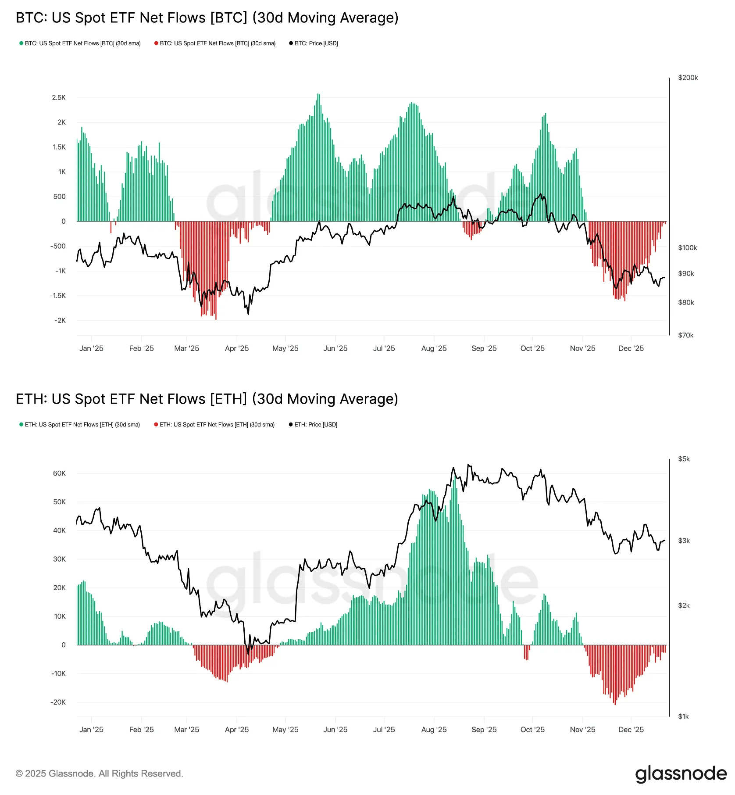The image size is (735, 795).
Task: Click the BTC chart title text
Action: pyautogui.click(x=207, y=18)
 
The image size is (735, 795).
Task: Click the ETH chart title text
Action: pyautogui.click(x=207, y=399)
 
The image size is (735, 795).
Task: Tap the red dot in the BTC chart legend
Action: pyautogui.click(x=156, y=43)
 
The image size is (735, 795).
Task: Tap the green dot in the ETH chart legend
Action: pyautogui.click(x=21, y=425)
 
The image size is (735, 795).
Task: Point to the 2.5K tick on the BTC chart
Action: pyautogui.click(x=59, y=97)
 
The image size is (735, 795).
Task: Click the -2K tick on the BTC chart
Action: pyautogui.click(x=60, y=320)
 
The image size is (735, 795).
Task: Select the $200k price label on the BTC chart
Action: pyautogui.click(x=688, y=78)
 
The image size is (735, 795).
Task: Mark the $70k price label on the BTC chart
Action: pyautogui.click(x=686, y=335)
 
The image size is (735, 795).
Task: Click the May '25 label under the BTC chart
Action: pyautogui.click(x=285, y=348)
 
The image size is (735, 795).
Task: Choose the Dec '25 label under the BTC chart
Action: pyautogui.click(x=631, y=348)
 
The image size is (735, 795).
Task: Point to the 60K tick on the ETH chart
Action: pyautogui.click(x=59, y=473)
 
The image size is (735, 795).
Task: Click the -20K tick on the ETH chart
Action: pyautogui.click(x=58, y=702)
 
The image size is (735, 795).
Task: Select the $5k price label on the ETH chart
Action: pyautogui.click(x=684, y=459)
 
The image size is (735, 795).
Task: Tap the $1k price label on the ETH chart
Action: pyautogui.click(x=684, y=716)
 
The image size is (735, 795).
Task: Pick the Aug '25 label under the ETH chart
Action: pyautogui.click(x=434, y=730)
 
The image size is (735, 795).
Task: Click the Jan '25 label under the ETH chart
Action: pyautogui.click(x=91, y=730)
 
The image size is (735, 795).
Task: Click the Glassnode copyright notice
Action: pyautogui.click(x=100, y=774)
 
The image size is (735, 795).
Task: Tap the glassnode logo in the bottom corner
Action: pyautogui.click(x=681, y=774)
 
